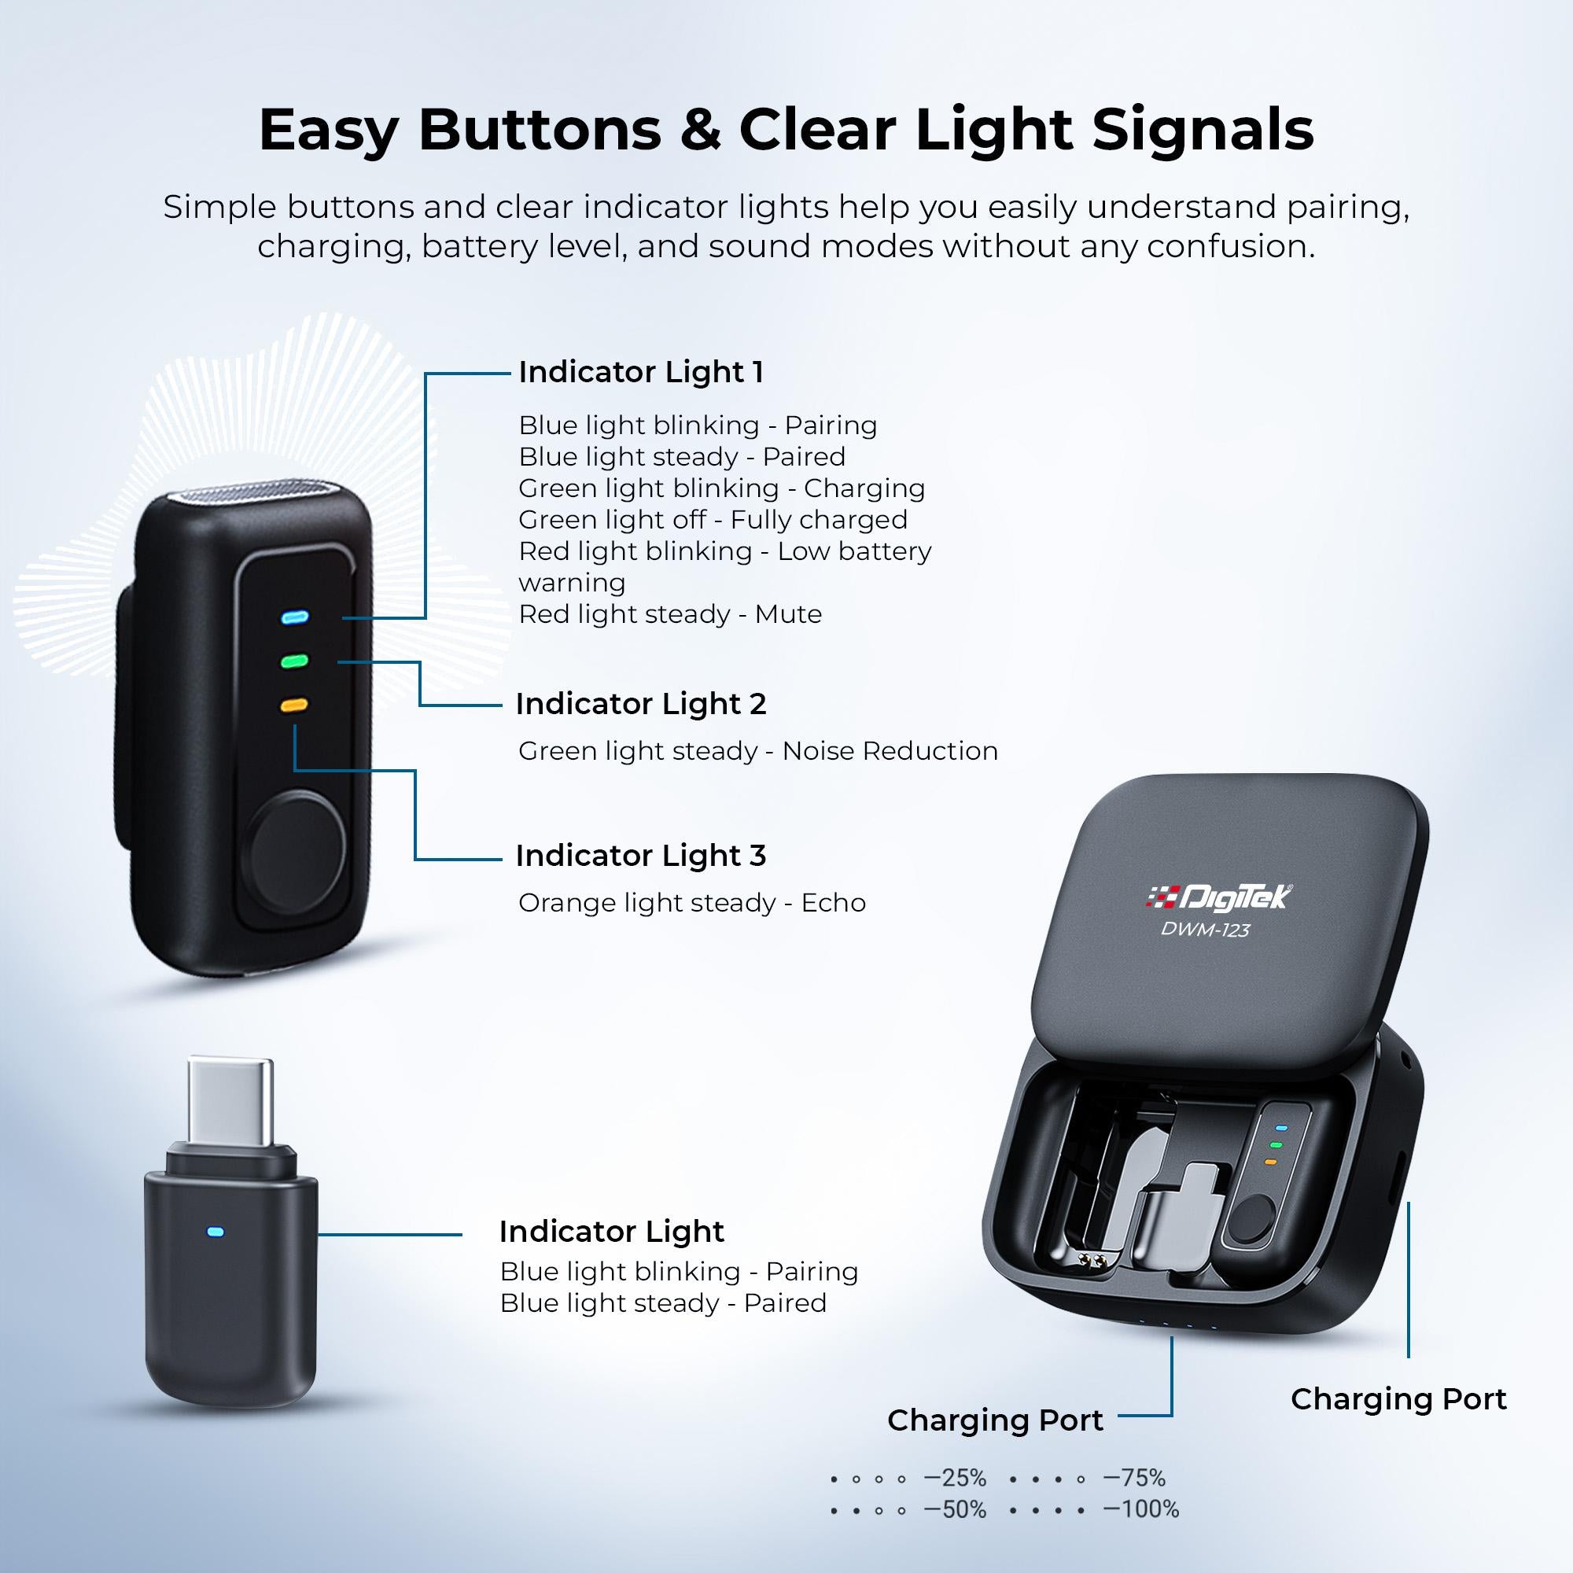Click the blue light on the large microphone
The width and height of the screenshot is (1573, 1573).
(x=294, y=617)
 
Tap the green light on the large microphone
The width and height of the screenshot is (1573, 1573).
(x=294, y=661)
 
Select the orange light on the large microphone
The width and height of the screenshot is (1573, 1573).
(x=294, y=704)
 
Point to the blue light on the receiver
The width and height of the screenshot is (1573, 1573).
(x=216, y=1232)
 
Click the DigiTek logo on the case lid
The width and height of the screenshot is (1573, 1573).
(x=1219, y=897)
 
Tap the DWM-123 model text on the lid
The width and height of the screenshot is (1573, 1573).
(x=1205, y=930)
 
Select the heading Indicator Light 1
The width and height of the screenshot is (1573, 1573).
(x=641, y=372)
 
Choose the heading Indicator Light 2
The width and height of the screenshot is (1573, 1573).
(x=641, y=704)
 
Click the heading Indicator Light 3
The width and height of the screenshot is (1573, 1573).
(x=641, y=856)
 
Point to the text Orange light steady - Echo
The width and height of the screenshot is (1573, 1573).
(x=692, y=903)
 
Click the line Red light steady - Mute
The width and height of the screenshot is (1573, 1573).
(x=670, y=614)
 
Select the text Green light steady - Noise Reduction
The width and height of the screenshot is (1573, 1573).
(x=758, y=750)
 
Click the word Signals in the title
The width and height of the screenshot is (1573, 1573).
(x=1203, y=131)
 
